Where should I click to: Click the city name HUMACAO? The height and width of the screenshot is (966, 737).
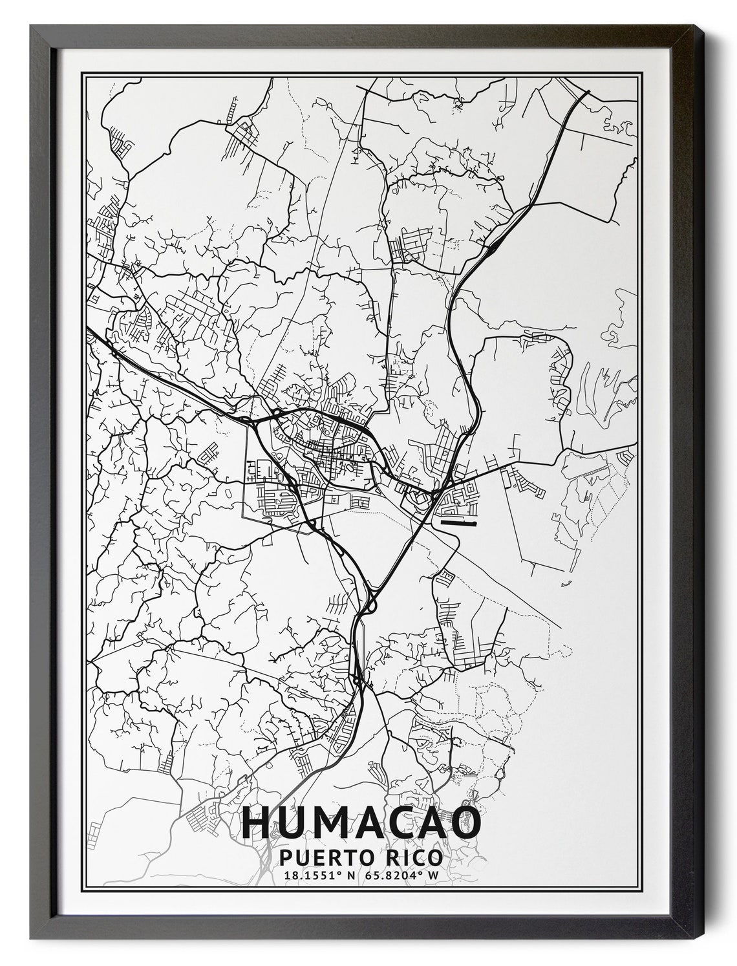coord(361,822)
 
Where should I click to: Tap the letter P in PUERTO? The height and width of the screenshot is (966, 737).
coord(286,857)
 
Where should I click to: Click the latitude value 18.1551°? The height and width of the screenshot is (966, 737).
coord(310,876)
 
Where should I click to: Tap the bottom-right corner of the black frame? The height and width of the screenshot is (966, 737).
coord(702,944)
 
